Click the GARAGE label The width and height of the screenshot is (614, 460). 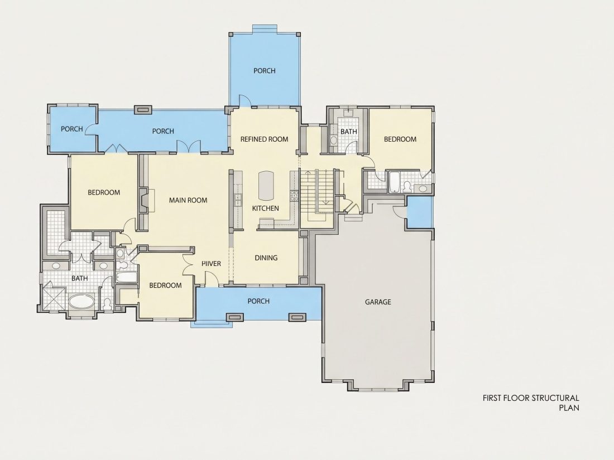378,302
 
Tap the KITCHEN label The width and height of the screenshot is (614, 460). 266,208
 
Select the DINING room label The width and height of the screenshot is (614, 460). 266,258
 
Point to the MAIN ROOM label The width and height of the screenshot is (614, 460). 188,200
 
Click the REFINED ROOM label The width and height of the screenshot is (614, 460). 265,139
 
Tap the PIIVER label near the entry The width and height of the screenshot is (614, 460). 212,264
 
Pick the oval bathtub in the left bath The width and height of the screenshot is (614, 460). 81,302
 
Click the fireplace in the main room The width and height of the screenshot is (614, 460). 144,200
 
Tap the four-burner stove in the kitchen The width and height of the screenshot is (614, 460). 293,195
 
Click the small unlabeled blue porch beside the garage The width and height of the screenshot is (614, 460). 420,212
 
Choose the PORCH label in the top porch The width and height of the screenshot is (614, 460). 265,71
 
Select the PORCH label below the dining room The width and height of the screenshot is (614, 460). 258,301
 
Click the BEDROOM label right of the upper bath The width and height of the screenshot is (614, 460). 400,139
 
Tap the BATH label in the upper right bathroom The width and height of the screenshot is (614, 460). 348,132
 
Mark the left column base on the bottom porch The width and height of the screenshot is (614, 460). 234,317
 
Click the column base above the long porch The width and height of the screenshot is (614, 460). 143,109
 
